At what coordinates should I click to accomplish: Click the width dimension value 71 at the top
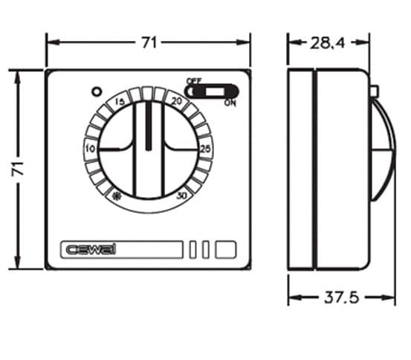(149, 42)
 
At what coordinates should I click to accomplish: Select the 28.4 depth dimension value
(329, 42)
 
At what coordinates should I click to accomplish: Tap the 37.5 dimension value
(342, 298)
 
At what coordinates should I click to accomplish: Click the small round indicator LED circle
(95, 92)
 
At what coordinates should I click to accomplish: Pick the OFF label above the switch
(194, 80)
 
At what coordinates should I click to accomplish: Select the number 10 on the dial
(91, 150)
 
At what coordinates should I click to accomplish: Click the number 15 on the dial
(119, 103)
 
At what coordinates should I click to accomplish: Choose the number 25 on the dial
(205, 150)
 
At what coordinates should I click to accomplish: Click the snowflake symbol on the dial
(116, 196)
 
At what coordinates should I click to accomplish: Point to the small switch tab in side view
(374, 91)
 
